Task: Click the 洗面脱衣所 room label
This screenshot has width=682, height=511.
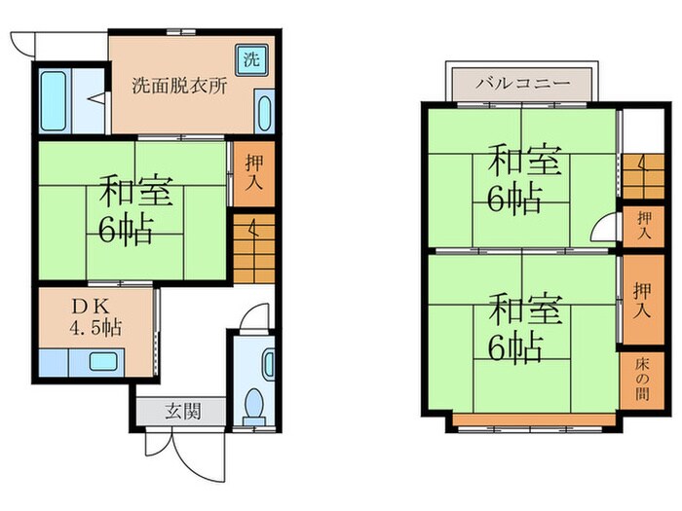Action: (x=180, y=85)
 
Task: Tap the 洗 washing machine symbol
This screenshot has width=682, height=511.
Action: (x=251, y=57)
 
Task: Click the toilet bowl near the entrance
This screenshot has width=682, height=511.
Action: (x=255, y=403)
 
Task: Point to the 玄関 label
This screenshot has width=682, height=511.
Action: (x=182, y=412)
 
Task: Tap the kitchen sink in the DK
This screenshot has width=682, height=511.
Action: (x=102, y=363)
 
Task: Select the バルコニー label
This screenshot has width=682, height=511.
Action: (x=521, y=84)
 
